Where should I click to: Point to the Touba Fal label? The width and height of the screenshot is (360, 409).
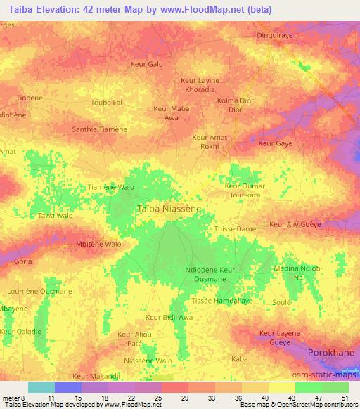(107, 103)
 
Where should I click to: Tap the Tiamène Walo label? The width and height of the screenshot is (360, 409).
(110, 188)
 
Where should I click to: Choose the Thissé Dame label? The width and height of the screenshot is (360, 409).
(234, 229)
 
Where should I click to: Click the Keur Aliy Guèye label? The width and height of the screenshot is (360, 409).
(295, 224)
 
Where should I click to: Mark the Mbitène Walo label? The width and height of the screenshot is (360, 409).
(98, 244)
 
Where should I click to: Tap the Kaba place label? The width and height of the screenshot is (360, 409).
(240, 358)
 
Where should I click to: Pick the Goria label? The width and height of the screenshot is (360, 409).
(23, 261)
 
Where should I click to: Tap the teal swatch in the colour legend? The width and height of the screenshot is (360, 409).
(41, 387)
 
